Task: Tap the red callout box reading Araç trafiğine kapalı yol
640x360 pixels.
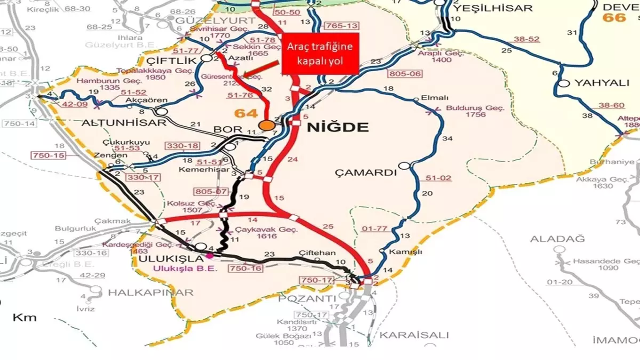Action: click(x=321, y=53)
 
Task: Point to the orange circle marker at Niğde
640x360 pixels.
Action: click(x=265, y=125)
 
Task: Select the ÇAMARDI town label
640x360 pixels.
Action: click(x=366, y=172)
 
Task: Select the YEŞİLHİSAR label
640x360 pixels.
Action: click(x=492, y=8)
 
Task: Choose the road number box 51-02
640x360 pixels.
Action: click(x=438, y=178)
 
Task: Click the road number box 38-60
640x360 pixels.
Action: click(x=611, y=106)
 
